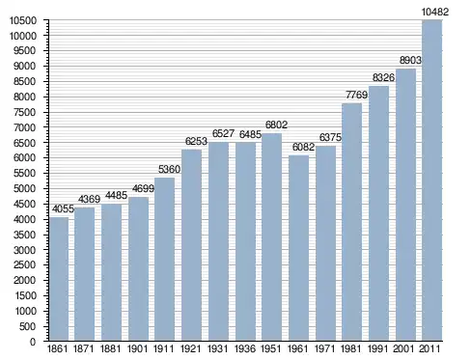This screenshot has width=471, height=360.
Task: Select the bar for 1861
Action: point(59,279)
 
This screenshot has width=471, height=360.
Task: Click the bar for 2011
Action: point(431,180)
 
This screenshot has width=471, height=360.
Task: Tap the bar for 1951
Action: point(271,236)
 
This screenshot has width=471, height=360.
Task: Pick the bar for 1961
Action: point(298,248)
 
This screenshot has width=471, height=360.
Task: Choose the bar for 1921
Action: point(191,245)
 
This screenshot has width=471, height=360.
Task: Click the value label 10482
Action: point(434,12)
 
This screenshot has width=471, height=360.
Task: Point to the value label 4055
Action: point(63,209)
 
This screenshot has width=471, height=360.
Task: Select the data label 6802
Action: point(276,125)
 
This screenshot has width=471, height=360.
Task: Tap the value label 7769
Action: point(356,95)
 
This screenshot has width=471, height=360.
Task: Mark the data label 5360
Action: point(169,169)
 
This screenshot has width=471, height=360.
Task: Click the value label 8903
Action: point(410,60)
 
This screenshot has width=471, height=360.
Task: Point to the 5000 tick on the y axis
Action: point(24,188)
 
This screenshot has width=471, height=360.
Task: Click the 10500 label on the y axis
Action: point(22,20)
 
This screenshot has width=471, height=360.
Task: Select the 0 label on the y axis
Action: point(33,342)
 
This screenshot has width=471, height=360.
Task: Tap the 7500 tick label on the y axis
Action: point(24,112)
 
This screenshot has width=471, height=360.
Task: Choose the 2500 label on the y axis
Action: point(24,265)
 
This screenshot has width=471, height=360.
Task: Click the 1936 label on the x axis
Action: point(245,348)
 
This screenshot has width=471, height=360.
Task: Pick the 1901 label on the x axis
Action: point(137,348)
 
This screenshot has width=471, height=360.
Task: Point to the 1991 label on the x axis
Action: point(378,348)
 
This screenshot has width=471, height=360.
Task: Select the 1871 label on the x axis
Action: point(84,348)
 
